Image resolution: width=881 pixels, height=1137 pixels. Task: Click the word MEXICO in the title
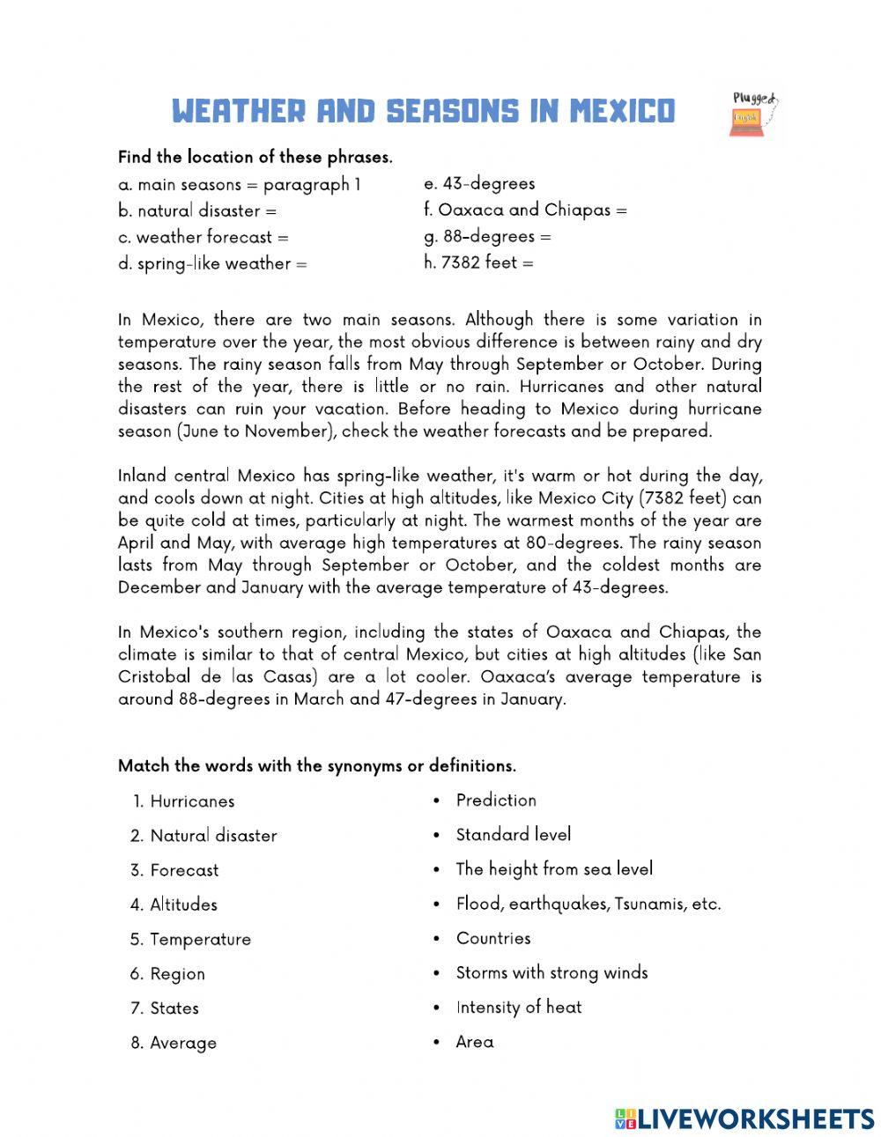coord(622,112)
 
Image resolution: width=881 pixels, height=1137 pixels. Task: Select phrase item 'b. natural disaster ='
coord(197,211)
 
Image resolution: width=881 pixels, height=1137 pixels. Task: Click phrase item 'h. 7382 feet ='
coord(478,262)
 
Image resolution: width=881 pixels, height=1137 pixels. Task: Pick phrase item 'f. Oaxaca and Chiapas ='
coord(525,210)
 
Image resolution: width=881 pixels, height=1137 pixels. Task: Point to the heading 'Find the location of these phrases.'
coord(255,158)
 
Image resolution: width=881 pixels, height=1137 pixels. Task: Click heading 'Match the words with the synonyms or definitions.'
coord(317,766)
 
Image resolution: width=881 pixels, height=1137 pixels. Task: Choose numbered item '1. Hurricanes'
coord(184,801)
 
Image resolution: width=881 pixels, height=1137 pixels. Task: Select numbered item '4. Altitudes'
coord(174,904)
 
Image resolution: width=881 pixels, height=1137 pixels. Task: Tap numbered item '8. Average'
coord(174,1043)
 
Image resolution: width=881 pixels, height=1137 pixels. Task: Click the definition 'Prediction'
coord(496,801)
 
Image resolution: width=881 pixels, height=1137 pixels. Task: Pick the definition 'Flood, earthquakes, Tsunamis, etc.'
coord(588,904)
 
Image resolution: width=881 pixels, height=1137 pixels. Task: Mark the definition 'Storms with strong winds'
coord(552,973)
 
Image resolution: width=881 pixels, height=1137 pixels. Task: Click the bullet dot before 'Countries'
coord(436,939)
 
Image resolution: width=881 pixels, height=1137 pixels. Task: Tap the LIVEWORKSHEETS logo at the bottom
coord(744,1119)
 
